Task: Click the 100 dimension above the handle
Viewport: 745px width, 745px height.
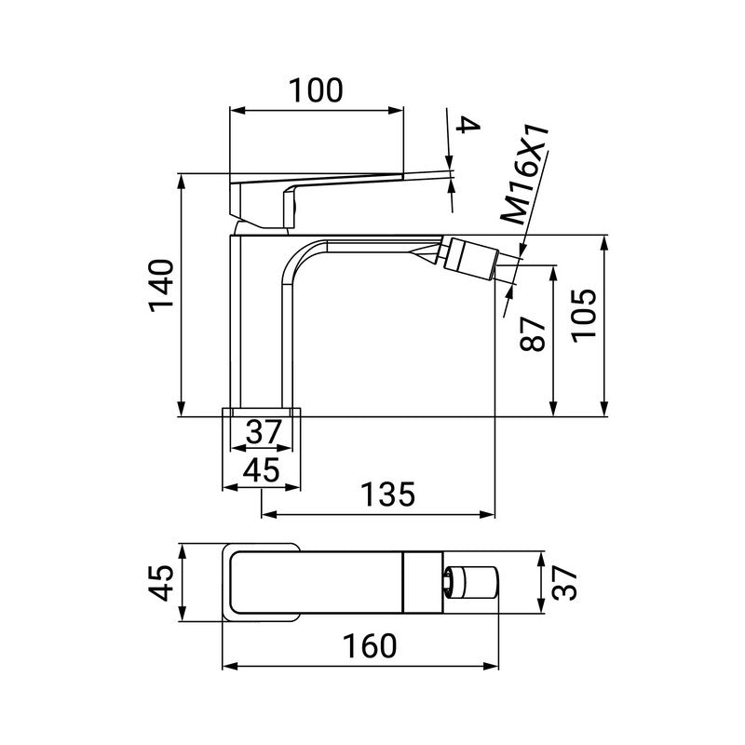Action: [x=316, y=90]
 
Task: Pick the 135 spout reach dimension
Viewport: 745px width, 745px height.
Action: [x=386, y=494]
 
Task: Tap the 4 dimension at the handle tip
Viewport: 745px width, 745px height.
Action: [x=469, y=129]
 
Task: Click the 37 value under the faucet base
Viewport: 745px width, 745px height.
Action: [x=264, y=432]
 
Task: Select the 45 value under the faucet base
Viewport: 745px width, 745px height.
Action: [x=262, y=470]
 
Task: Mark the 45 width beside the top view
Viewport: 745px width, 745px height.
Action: [x=161, y=583]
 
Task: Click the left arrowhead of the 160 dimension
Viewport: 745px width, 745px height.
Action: [x=227, y=667]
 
